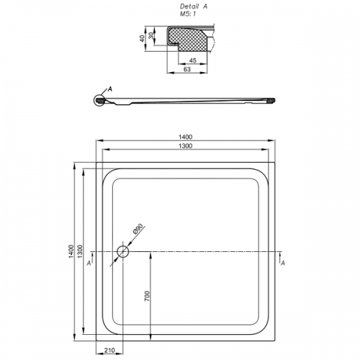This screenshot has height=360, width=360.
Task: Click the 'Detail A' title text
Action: tap(194, 6)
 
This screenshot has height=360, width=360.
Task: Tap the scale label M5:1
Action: tap(188, 14)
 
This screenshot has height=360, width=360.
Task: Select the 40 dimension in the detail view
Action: tap(143, 38)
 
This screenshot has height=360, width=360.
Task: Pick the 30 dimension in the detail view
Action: tap(150, 36)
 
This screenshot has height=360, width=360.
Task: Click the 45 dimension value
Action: tap(193, 60)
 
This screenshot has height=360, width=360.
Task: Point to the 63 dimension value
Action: tap(187, 69)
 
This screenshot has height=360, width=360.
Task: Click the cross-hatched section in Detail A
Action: tap(187, 39)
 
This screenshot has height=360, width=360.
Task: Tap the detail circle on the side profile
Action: tap(99, 100)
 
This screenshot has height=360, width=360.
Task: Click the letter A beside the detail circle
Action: tap(110, 89)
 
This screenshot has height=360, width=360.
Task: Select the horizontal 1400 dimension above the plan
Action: tap(185, 137)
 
